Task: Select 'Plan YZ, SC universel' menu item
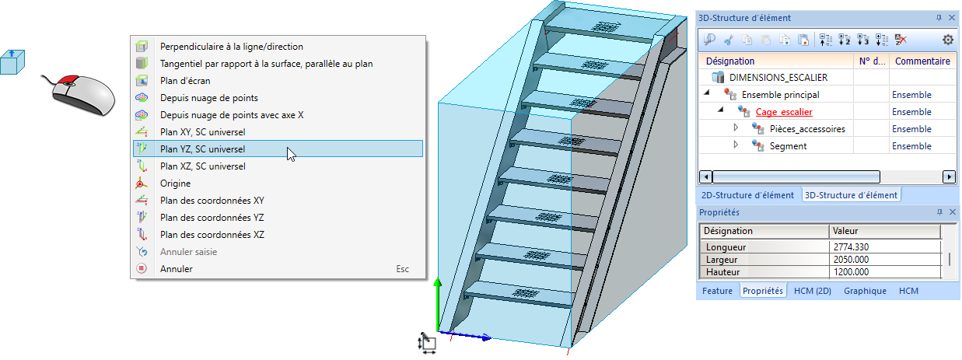click(x=201, y=149)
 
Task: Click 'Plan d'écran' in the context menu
click(x=185, y=80)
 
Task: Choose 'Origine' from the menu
click(x=175, y=183)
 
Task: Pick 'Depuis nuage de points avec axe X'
click(x=232, y=114)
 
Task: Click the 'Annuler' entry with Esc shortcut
click(x=176, y=268)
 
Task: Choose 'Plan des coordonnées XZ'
click(x=212, y=234)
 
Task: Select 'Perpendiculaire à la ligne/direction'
click(x=231, y=46)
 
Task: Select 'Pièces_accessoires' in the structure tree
click(x=807, y=129)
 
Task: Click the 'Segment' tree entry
click(x=788, y=146)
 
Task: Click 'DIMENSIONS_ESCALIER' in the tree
click(x=778, y=78)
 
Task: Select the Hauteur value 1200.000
click(x=852, y=272)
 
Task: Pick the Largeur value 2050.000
click(x=852, y=260)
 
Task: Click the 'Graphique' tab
click(x=865, y=291)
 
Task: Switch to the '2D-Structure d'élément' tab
click(x=747, y=195)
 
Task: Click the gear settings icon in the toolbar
click(x=947, y=40)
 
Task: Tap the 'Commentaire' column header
click(x=922, y=61)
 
